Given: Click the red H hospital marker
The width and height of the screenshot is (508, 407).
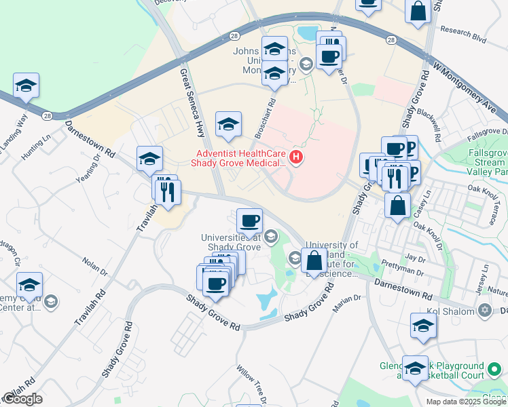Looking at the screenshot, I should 296,158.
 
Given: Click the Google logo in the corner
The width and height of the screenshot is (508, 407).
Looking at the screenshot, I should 22,399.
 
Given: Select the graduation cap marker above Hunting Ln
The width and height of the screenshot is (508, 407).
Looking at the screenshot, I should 26,85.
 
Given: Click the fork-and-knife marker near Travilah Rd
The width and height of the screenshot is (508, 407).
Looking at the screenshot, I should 168,192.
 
